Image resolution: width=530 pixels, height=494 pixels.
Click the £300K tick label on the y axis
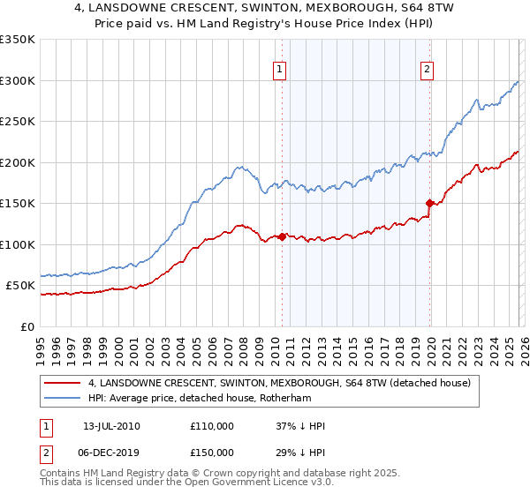click(18, 80)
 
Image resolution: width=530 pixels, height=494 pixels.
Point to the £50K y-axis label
click(20, 286)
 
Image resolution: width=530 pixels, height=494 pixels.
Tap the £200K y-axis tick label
click(18, 162)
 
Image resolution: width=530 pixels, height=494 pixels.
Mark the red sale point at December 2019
click(430, 203)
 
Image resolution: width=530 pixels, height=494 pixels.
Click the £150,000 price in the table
click(212, 452)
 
